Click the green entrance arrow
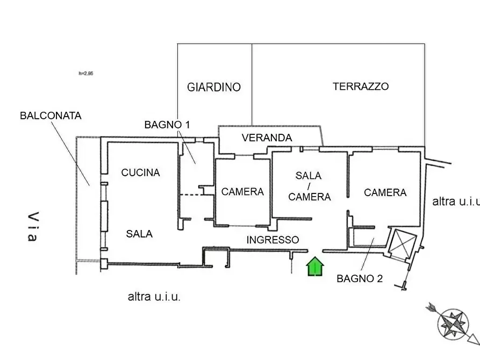coord(316,267)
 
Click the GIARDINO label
coord(214,87)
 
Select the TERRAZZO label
coord(360,86)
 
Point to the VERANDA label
coord(267,138)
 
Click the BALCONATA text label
coord(51,116)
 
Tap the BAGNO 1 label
coord(167,125)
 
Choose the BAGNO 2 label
coord(360,278)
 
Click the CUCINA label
coord(140,172)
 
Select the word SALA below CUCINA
coord(139,234)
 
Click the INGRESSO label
coord(273,240)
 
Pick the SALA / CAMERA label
coord(309,186)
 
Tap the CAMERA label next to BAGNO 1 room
coord(242,192)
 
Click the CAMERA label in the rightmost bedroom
coord(385,192)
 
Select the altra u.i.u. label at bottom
coord(154,297)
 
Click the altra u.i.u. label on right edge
coord(455,201)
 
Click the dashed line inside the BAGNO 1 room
coord(190,195)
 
